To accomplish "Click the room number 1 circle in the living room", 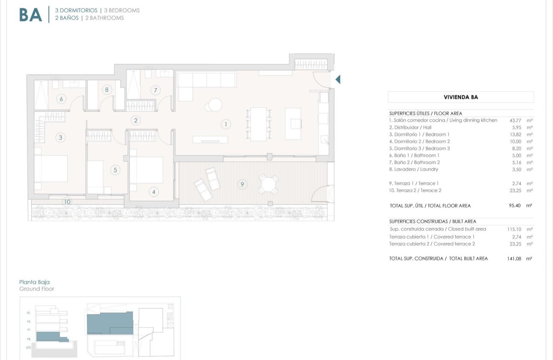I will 225,125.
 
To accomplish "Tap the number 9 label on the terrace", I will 242,185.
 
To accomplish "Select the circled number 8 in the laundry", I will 107,90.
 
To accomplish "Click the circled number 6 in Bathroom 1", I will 61,99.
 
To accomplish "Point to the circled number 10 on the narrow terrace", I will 67,202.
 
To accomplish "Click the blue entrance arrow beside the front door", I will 338,79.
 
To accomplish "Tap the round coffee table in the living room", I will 215,105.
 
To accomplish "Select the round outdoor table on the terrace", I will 268,185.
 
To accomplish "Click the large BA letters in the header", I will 31,15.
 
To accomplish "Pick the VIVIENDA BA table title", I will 460,97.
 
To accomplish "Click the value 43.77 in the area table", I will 515,120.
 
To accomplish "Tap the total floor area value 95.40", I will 514,206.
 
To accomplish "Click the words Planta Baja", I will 34,282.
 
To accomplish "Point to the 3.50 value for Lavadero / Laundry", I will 516,169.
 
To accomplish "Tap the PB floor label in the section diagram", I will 29,339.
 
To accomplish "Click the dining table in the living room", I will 258,124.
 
